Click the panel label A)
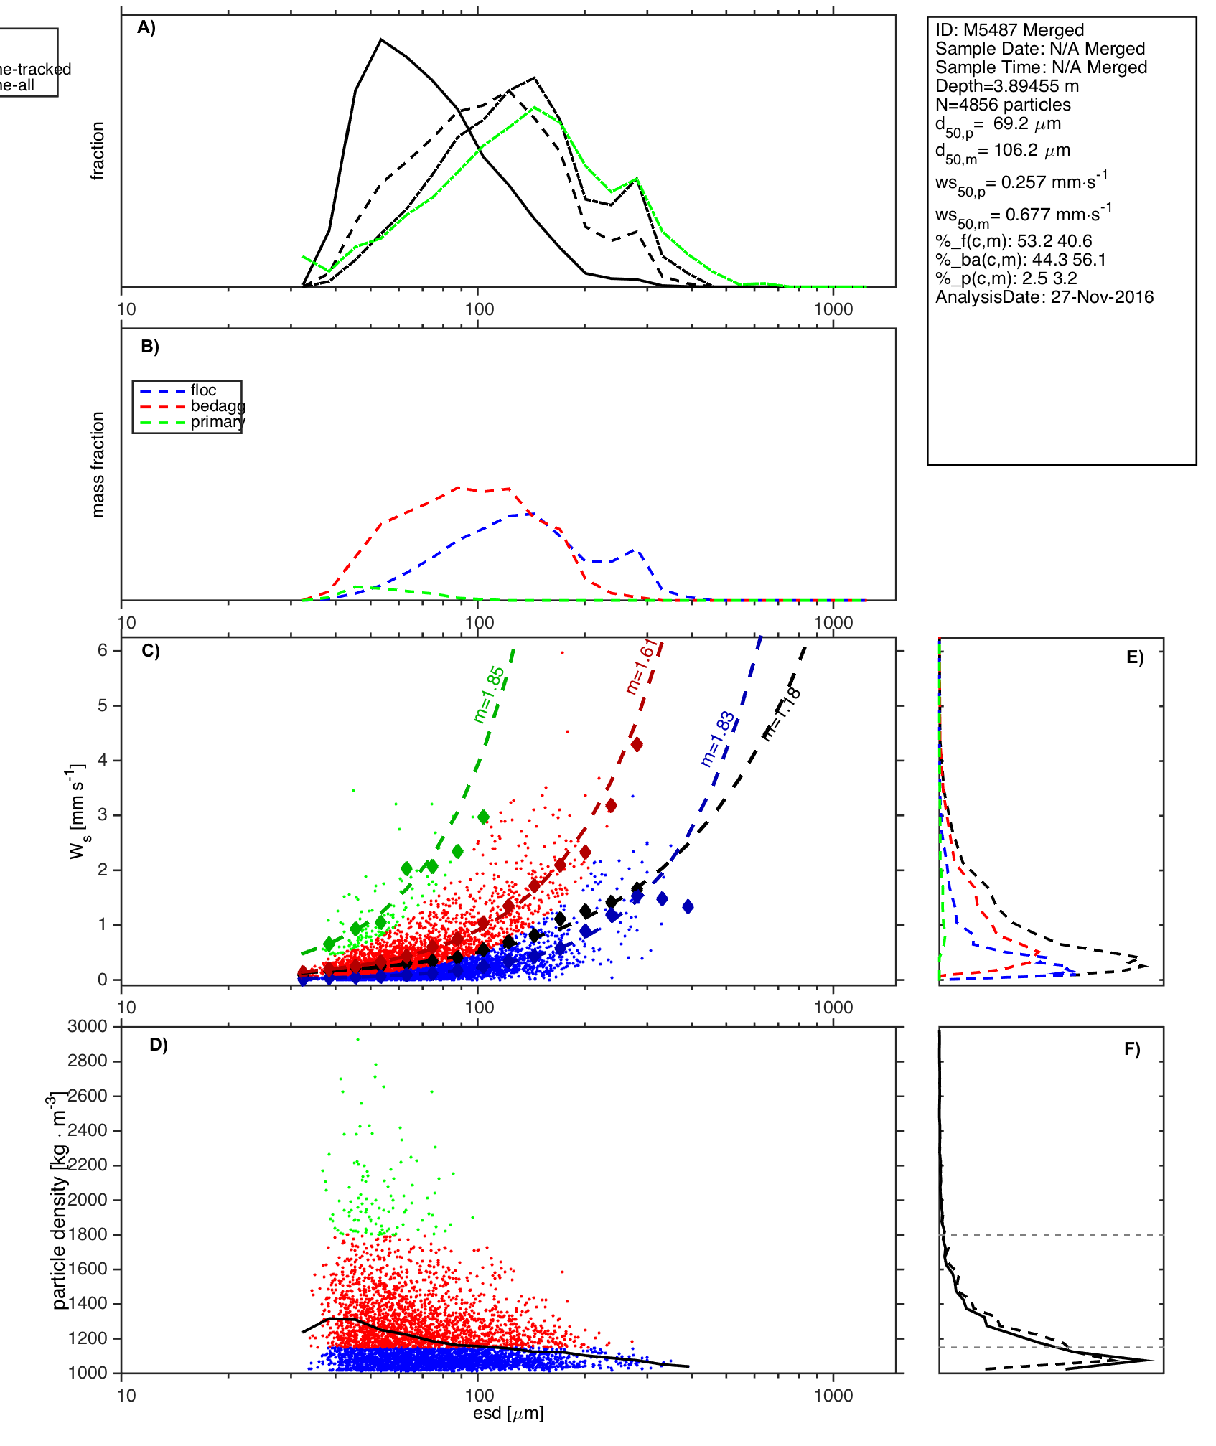coord(146,28)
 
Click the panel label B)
coord(150,347)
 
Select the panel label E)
coord(1135,657)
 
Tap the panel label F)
coord(1132,1049)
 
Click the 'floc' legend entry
coord(203,390)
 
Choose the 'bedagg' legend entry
coord(218,406)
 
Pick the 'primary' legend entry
coord(218,422)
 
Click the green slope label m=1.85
coord(490,695)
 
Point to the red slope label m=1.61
coord(640,667)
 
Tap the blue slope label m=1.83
coord(717,739)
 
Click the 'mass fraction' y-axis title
coord(98,464)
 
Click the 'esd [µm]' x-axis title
coord(508,1413)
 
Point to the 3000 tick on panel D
coord(88,1026)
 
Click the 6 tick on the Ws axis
coord(103,650)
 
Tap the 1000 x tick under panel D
coord(833,1396)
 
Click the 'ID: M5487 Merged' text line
coord(1009,30)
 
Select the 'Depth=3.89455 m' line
coord(1006,86)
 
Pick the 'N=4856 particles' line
coord(1003,105)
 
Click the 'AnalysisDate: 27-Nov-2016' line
coord(1044,297)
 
